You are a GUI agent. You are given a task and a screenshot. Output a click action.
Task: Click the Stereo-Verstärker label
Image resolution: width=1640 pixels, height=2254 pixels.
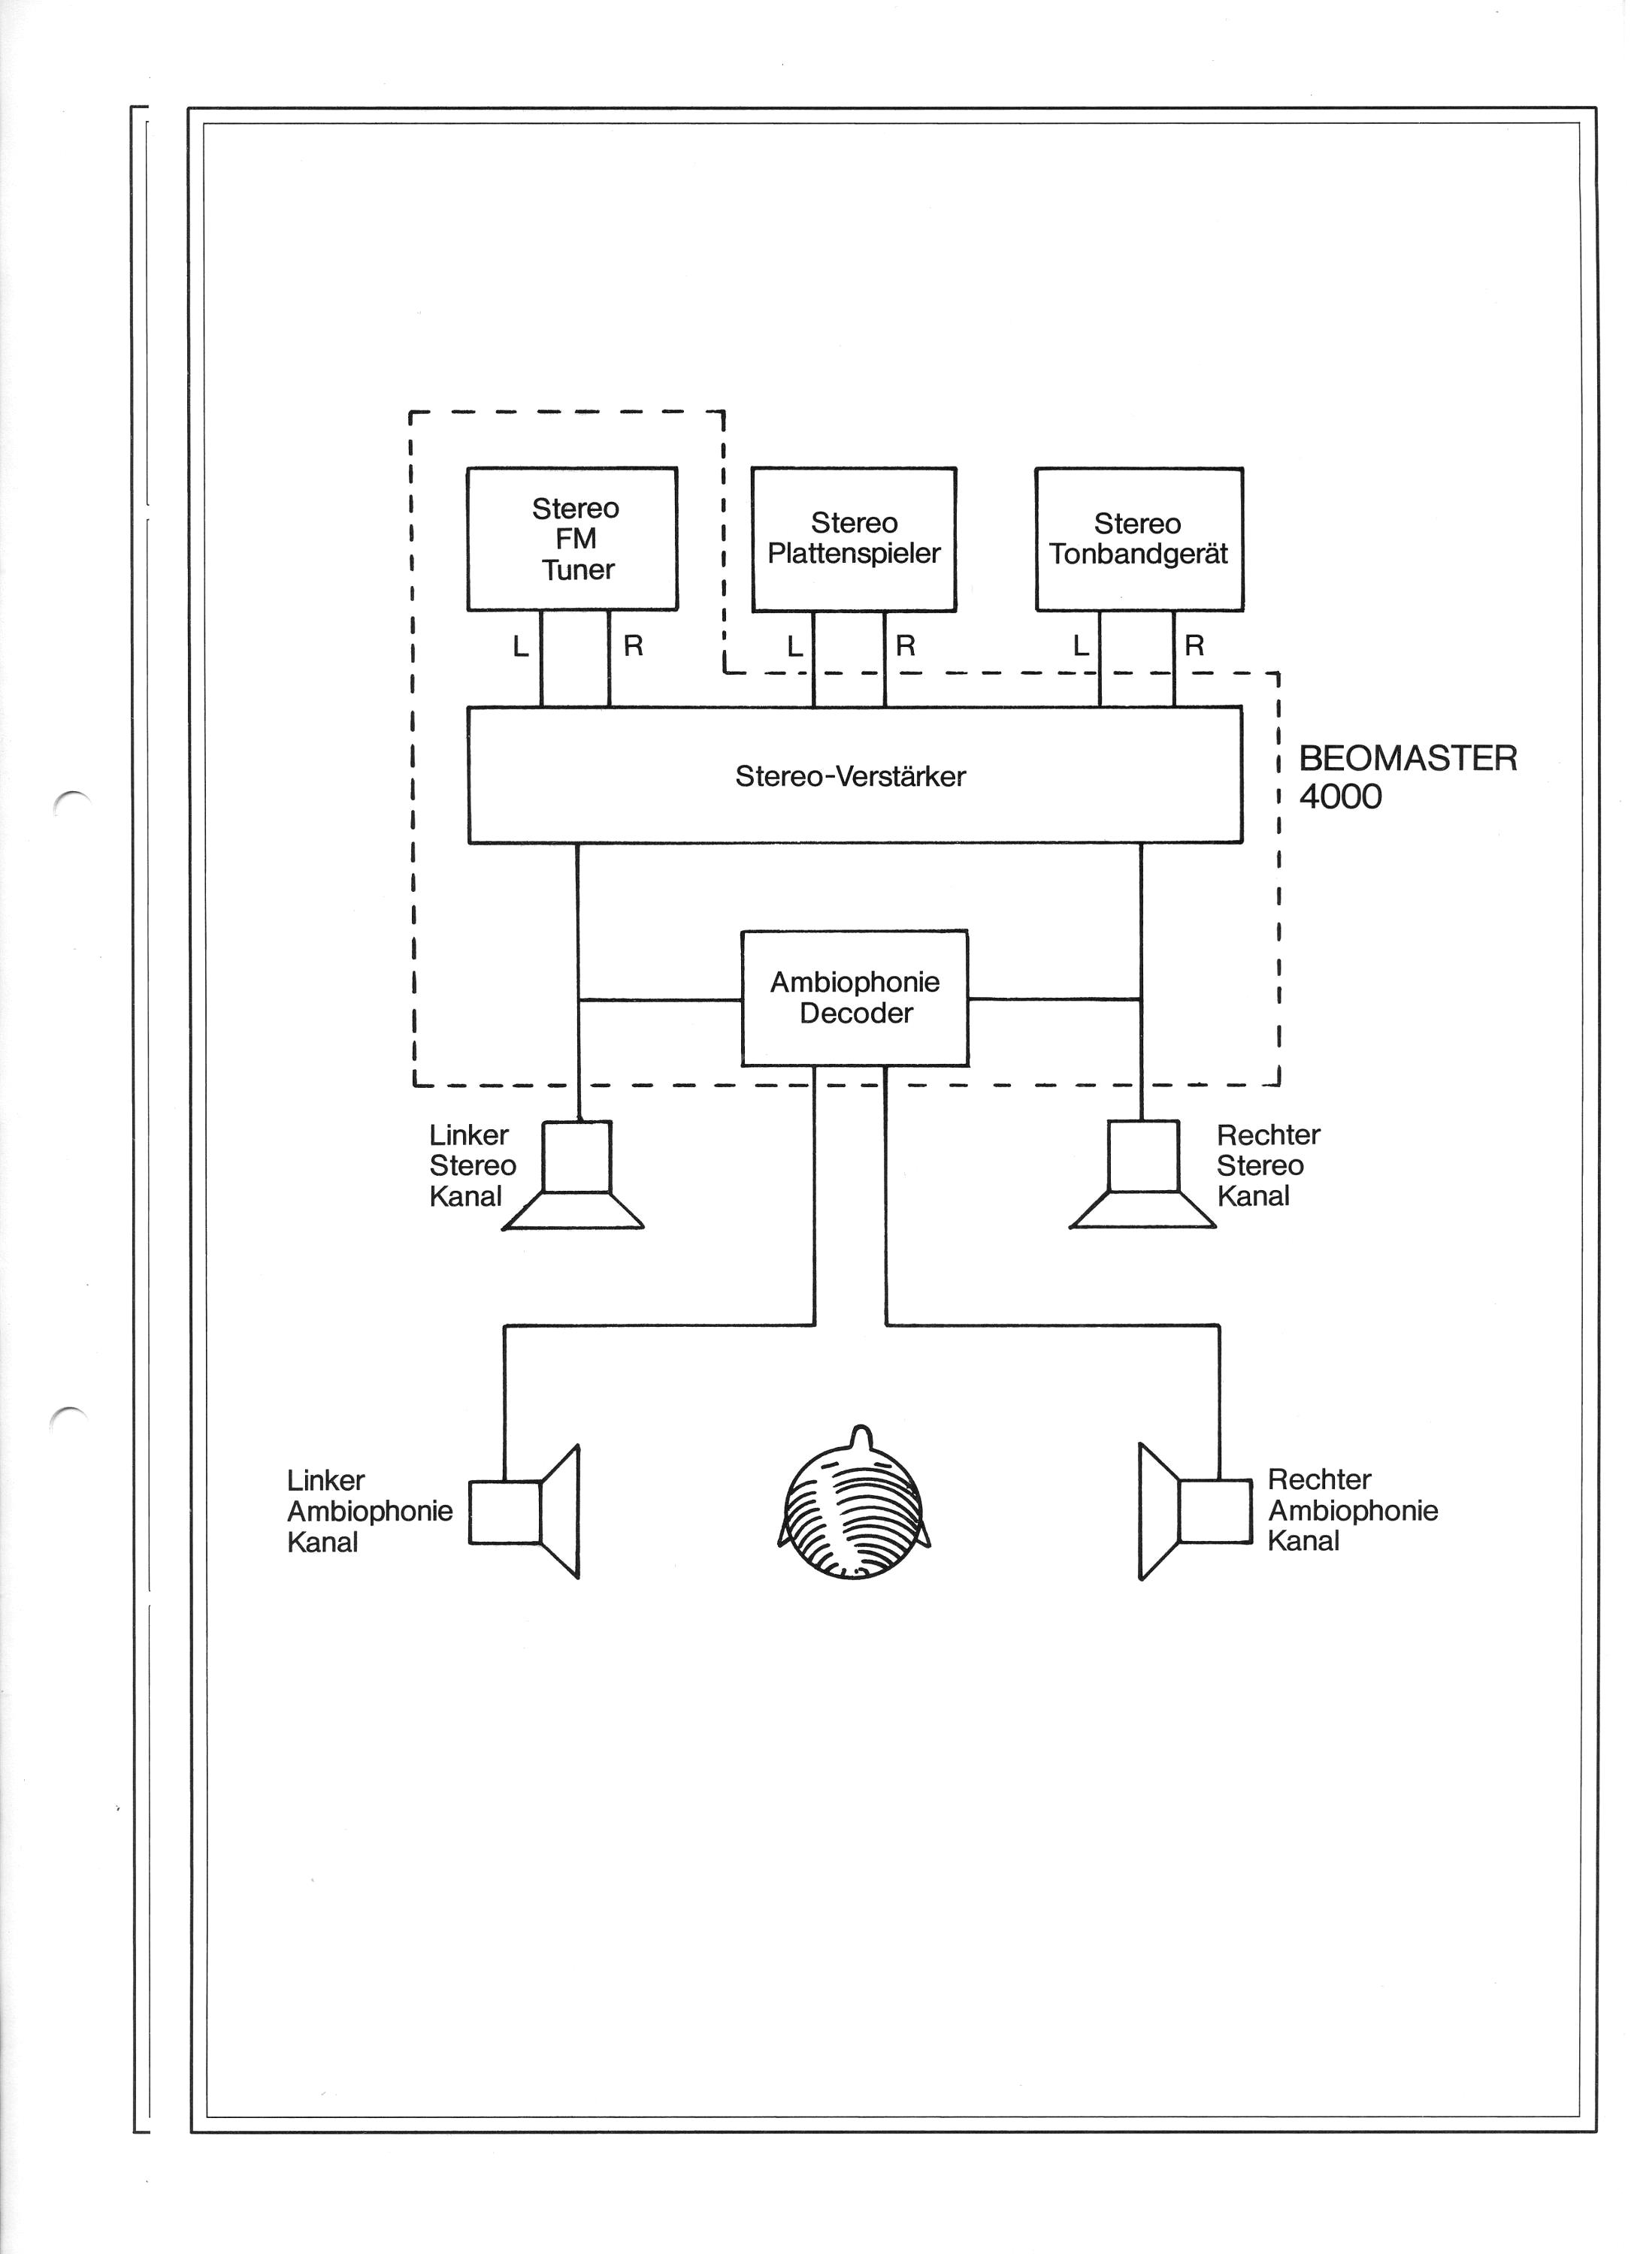click(857, 782)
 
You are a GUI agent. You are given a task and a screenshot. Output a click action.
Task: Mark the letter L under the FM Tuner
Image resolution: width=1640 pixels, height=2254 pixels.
click(524, 652)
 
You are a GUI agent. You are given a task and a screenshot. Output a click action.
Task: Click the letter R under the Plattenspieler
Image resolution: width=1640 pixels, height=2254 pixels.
click(912, 652)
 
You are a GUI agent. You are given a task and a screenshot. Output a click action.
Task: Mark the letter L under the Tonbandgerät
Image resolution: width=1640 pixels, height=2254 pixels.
click(1089, 652)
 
